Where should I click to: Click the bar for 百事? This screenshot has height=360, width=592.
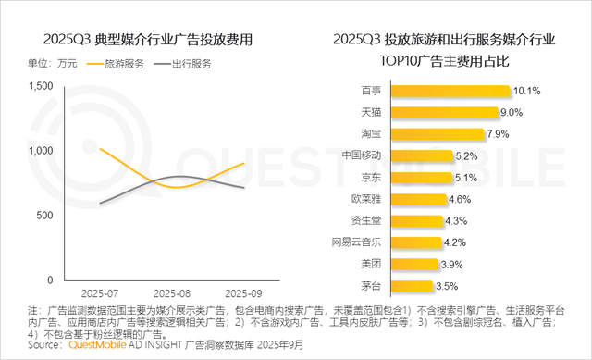click(451, 91)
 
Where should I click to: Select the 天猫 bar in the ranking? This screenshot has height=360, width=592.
click(445, 112)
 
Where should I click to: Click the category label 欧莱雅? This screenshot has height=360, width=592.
click(366, 199)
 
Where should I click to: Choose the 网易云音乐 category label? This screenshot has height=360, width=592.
click(356, 242)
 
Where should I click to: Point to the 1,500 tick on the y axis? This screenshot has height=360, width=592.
click(40, 86)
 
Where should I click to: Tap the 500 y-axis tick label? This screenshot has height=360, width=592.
click(45, 216)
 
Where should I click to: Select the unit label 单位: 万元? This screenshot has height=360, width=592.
click(54, 64)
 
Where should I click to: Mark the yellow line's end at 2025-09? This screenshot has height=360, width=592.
click(244, 163)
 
